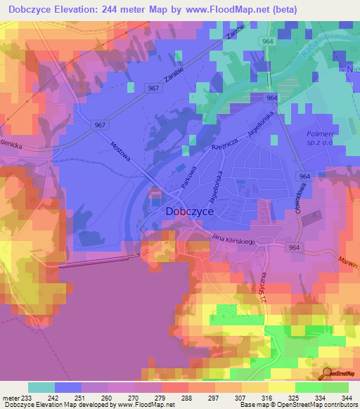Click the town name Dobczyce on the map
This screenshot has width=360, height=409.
[x=189, y=210]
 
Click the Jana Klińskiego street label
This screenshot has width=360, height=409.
[x=238, y=240]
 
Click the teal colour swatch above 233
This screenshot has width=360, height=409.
[x=41, y=387]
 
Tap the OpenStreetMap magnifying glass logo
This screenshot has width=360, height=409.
[x=326, y=374]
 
